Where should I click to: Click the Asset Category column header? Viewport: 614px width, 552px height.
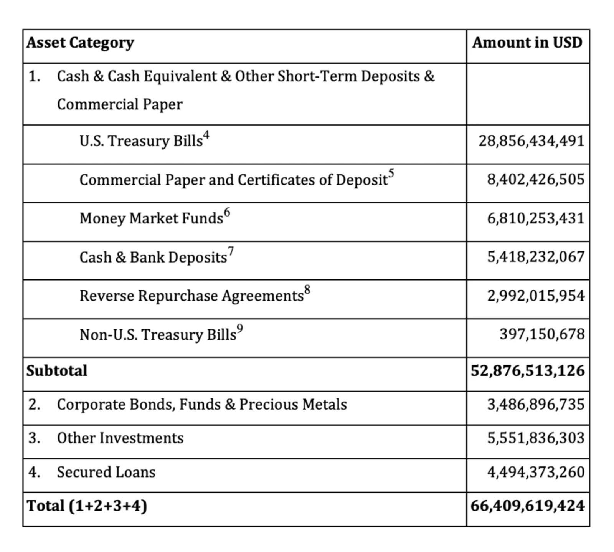click(80, 43)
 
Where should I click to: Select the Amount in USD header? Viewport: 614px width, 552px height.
click(527, 43)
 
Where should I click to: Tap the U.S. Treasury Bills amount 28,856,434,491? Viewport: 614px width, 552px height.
click(531, 141)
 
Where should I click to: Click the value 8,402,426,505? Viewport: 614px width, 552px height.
click(536, 180)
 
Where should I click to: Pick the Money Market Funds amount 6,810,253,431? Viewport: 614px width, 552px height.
click(536, 218)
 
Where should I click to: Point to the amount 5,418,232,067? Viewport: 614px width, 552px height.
click(536, 257)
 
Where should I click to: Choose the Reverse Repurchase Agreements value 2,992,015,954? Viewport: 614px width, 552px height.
click(536, 296)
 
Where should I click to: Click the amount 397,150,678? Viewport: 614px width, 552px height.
click(542, 334)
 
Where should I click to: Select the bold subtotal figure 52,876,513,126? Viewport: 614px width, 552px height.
click(528, 371)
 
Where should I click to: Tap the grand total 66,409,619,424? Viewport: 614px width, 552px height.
click(528, 506)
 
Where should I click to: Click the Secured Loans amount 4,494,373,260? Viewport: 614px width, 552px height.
click(536, 472)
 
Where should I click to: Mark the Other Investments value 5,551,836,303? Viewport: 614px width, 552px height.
click(536, 438)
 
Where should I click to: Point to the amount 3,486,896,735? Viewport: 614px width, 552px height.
click(536, 405)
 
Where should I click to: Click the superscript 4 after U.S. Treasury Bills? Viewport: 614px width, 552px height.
click(206, 135)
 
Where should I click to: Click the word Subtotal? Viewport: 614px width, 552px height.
click(57, 371)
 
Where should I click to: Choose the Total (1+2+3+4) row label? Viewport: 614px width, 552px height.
click(87, 506)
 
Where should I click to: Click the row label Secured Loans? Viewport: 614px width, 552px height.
click(106, 472)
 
